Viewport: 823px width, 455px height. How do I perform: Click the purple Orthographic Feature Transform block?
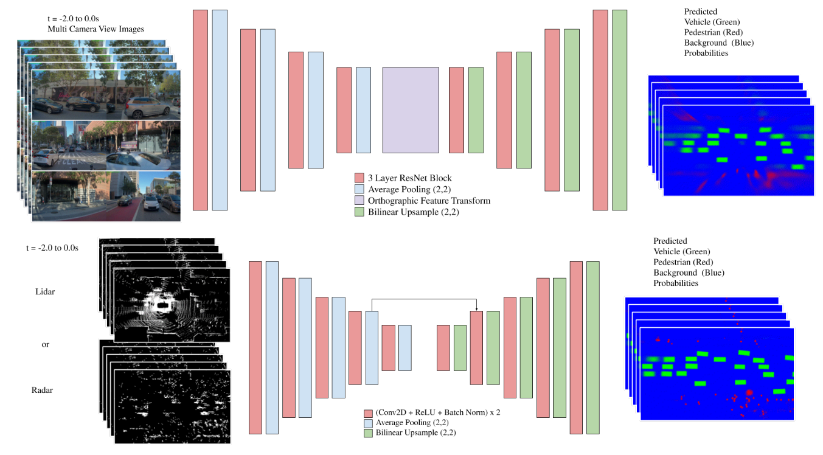point(411,109)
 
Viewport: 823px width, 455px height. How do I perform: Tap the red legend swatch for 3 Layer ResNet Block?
point(359,178)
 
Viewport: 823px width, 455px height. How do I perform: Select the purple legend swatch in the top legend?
point(359,200)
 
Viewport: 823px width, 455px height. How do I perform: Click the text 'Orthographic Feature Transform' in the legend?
point(429,200)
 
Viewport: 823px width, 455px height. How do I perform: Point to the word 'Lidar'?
point(45,292)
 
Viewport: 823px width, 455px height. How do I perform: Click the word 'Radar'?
point(42,390)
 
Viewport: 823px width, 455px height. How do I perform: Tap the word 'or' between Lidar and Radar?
point(45,344)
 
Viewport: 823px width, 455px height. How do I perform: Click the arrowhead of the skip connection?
point(476,308)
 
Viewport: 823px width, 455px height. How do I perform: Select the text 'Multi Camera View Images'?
point(95,29)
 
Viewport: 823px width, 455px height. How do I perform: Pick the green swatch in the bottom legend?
point(368,434)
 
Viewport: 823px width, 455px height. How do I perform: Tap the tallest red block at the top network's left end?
point(200,110)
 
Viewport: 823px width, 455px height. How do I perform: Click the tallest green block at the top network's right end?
point(619,110)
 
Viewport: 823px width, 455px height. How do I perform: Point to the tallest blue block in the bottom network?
point(271,347)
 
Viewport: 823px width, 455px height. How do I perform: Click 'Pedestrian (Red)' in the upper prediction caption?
point(713,32)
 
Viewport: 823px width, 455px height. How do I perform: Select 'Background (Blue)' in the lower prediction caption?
point(689,273)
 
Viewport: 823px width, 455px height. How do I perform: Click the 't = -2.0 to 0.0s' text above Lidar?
point(52,248)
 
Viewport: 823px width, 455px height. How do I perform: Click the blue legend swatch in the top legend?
point(359,189)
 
